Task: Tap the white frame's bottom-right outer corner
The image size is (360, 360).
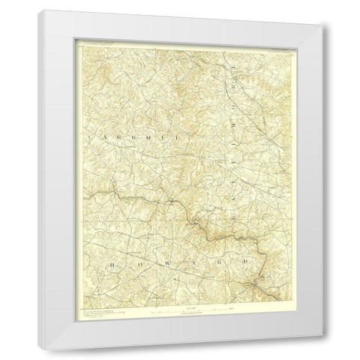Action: (x=328, y=348)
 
